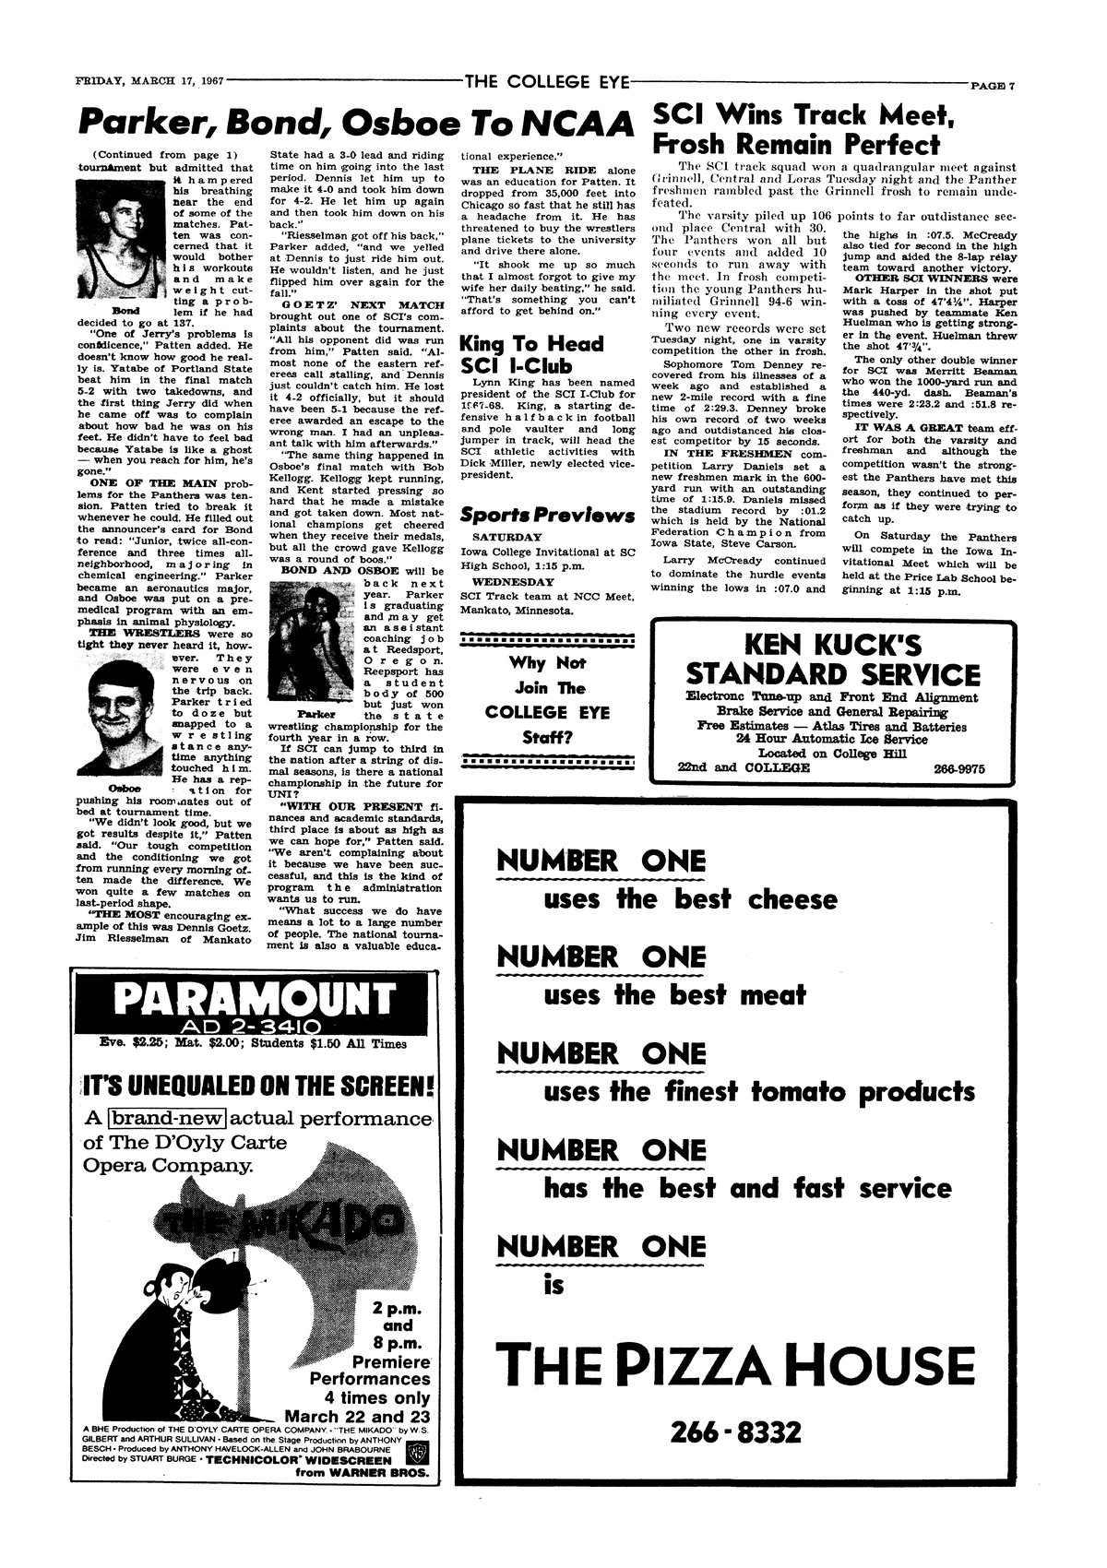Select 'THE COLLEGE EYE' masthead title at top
pyautogui.click(x=548, y=81)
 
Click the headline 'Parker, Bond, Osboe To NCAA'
pyautogui.click(x=357, y=123)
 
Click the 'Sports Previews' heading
pyautogui.click(x=547, y=515)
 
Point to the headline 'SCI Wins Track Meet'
pyautogui.click(x=802, y=115)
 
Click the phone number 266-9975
pyautogui.click(x=959, y=767)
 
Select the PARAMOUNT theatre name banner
pyautogui.click(x=253, y=1000)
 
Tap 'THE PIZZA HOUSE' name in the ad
pyautogui.click(x=734, y=1367)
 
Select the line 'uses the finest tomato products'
pyautogui.click(x=758, y=1092)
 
